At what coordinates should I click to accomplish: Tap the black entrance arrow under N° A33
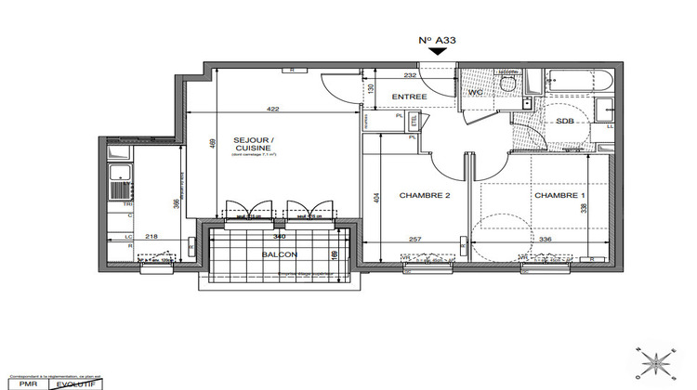[x=436, y=54]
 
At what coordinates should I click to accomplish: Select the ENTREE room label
[x=409, y=97]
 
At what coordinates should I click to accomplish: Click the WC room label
[x=474, y=93]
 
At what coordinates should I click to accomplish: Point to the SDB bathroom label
[x=564, y=123]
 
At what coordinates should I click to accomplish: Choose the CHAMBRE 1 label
[x=559, y=196]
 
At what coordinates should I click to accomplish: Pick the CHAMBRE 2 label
[x=425, y=196]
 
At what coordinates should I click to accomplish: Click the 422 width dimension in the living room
[x=273, y=109]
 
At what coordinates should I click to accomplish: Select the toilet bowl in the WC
[x=506, y=84]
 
